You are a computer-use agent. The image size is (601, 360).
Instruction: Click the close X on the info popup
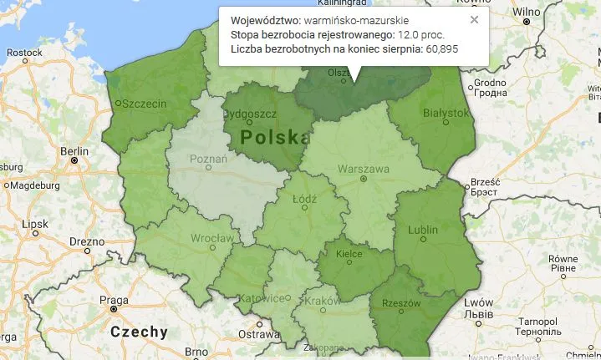click(x=474, y=19)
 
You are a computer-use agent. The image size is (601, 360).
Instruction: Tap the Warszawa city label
click(x=363, y=169)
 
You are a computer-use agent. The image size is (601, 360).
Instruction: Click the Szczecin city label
click(x=144, y=104)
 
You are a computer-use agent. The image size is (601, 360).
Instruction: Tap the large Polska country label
click(x=269, y=136)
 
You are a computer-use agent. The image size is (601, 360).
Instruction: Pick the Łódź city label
click(x=304, y=200)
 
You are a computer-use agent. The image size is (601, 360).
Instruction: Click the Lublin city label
click(x=423, y=230)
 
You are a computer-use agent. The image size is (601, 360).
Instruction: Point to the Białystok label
click(x=446, y=113)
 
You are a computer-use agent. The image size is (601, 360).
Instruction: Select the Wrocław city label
click(x=211, y=239)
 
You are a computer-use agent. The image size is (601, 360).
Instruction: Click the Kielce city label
click(x=348, y=253)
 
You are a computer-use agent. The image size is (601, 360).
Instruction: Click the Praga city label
click(x=114, y=300)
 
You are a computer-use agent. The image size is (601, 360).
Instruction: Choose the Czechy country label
click(x=139, y=332)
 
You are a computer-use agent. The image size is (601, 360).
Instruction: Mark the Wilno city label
click(x=526, y=12)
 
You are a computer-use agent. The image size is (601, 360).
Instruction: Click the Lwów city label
click(x=480, y=302)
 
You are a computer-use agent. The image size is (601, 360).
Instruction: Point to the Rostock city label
click(x=24, y=52)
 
